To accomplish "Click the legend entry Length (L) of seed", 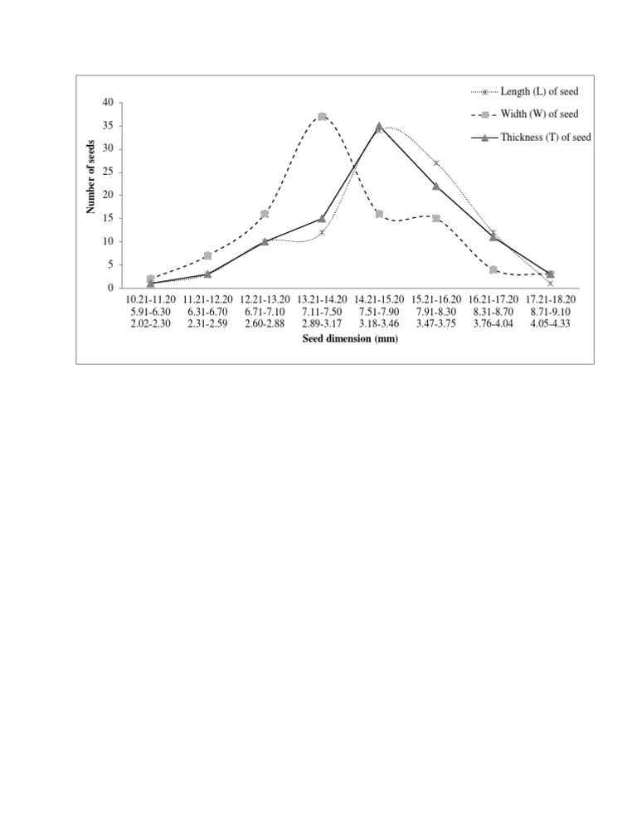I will click(540, 91).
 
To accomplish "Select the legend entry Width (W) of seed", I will click(539, 114).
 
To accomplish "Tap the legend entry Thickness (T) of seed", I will click(545, 138).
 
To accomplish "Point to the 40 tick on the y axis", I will click(109, 103).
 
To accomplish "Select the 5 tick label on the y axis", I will click(111, 265).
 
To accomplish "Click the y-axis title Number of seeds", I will click(92, 177).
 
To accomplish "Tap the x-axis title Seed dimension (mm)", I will click(349, 339).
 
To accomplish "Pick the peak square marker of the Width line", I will click(322, 117).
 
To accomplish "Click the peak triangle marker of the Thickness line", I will click(379, 126).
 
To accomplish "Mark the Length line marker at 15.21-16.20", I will click(436, 163).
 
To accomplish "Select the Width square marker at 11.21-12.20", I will click(207, 255).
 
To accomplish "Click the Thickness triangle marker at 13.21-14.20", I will click(322, 218).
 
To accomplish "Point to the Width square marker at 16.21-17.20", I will click(494, 269).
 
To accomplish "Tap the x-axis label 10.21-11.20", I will click(150, 299).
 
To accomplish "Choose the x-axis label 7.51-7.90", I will click(379, 311).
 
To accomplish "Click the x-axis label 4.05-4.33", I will click(551, 322).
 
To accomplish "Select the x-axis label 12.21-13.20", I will click(265, 299).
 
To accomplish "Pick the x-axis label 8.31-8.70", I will click(494, 311).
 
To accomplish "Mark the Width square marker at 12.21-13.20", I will click(265, 214).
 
